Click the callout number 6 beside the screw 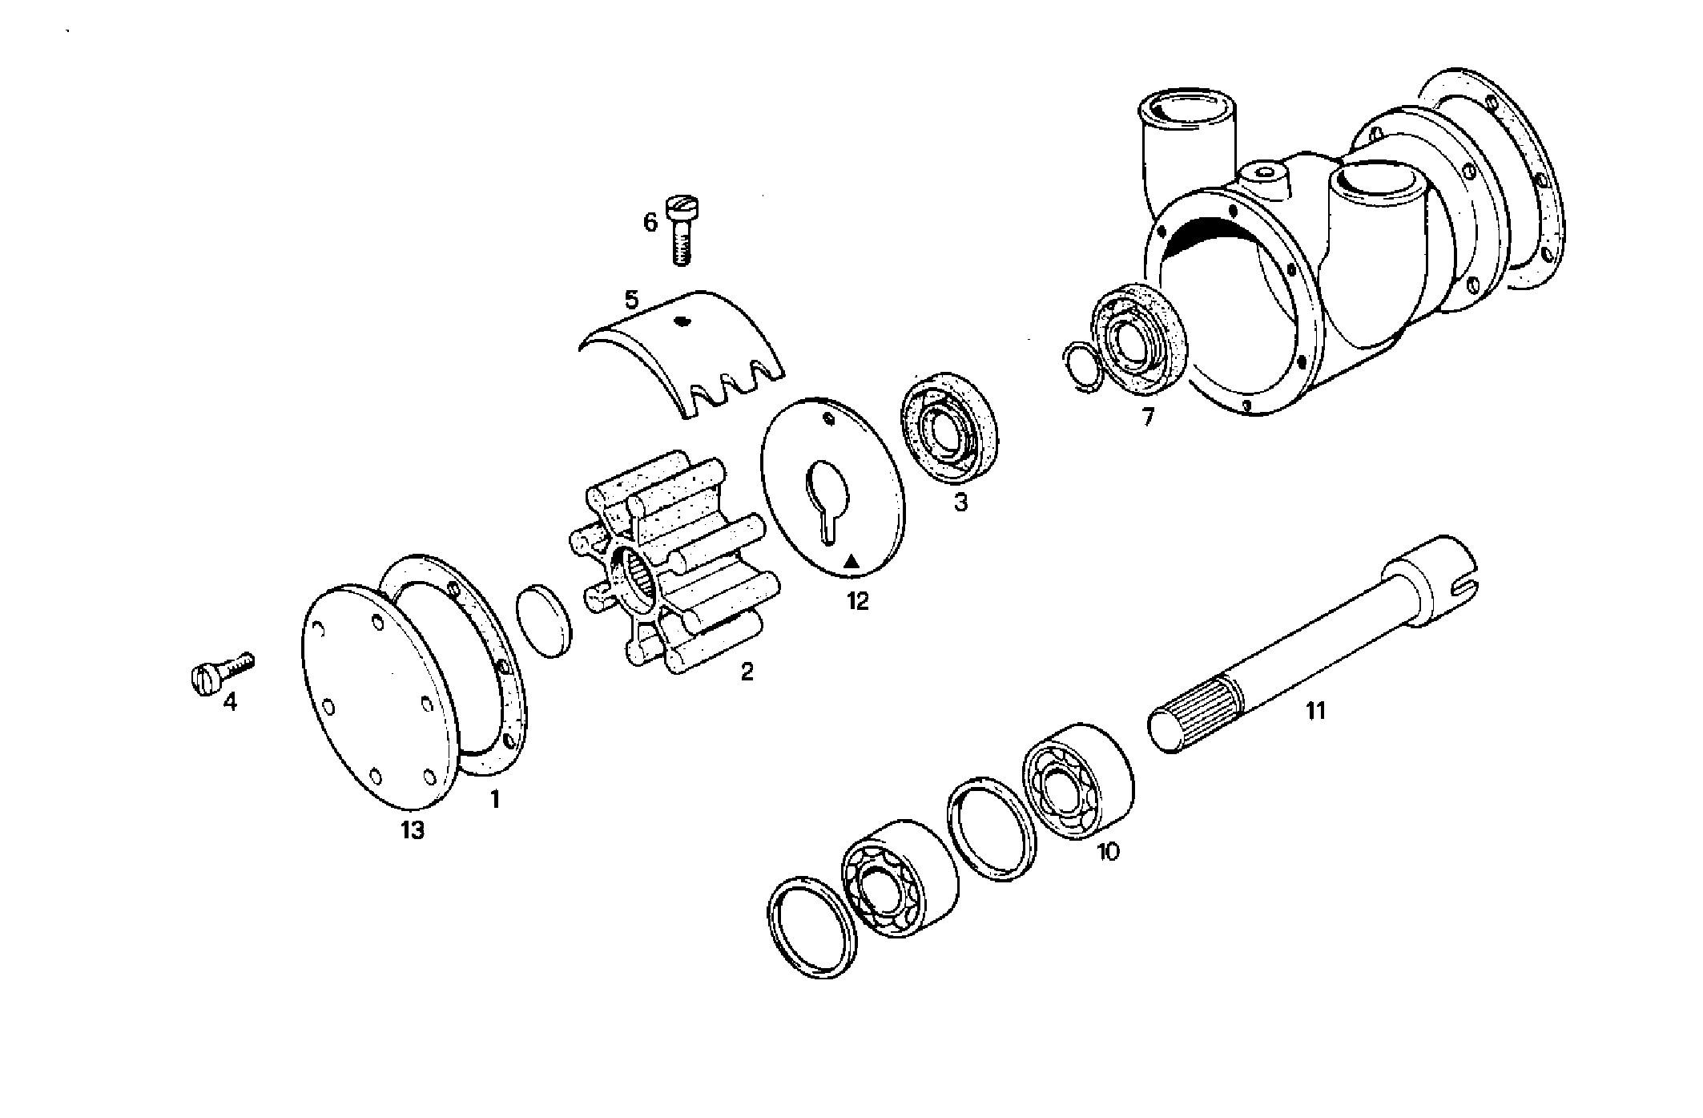pos(650,222)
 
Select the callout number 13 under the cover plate pos(413,830)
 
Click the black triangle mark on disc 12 pos(853,560)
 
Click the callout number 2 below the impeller pos(747,672)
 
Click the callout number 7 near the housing pos(1148,418)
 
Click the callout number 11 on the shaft pos(1315,710)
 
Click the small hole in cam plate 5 pos(682,322)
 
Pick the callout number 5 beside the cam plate pos(631,301)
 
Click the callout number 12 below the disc pos(857,601)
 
